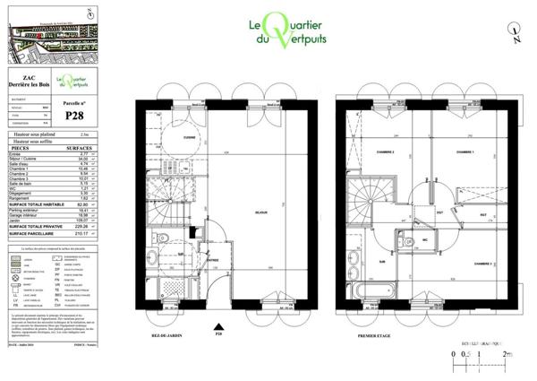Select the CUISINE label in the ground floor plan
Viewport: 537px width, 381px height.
(x=190, y=137)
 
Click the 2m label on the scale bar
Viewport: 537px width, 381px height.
(x=507, y=355)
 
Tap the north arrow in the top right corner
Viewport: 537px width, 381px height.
(x=517, y=36)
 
